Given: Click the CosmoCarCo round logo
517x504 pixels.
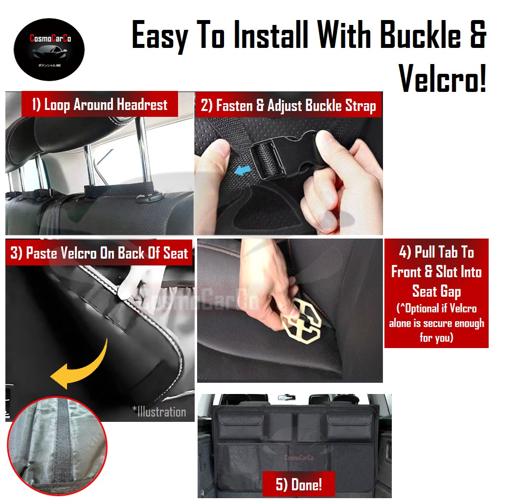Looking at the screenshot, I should point(49,50).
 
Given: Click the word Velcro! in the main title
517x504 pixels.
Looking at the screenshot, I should point(443,77).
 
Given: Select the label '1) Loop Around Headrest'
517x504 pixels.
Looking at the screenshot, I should point(100,105).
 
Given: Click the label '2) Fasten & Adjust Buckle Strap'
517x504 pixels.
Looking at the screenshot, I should point(289,106).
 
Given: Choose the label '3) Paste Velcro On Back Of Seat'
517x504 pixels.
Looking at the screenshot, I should point(99,253).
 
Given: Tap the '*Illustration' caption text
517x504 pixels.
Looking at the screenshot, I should point(158,412).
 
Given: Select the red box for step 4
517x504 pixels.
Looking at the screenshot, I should point(436,293).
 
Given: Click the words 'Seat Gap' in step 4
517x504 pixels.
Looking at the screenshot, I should point(436,292).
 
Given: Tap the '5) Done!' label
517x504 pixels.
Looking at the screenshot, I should point(298,484).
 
